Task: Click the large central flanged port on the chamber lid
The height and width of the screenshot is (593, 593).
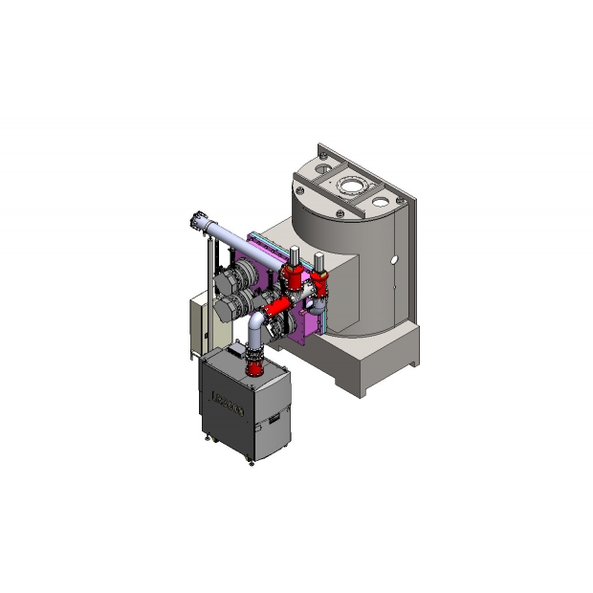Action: (x=351, y=185)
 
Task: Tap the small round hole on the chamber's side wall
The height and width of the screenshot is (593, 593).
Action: (x=392, y=259)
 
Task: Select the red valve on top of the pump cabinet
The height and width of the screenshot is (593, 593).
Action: (x=254, y=363)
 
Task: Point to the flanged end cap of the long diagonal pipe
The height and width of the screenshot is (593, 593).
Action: (x=198, y=223)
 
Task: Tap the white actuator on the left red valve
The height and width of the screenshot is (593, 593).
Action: (x=293, y=253)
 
